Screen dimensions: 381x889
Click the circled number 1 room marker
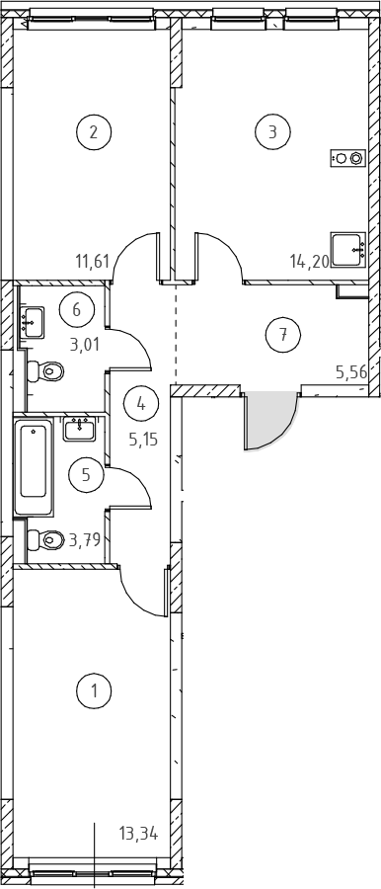[x=94, y=691]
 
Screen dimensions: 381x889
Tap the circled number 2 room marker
[x=94, y=132]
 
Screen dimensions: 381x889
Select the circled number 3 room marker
[x=272, y=132]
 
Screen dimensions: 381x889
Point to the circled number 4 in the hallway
[x=141, y=404]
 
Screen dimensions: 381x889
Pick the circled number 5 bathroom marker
[x=86, y=474]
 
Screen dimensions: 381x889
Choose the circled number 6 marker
[x=77, y=309]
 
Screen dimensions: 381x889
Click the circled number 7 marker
[x=283, y=335]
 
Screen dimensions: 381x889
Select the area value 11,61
[x=93, y=262]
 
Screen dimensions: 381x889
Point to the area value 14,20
[x=309, y=262]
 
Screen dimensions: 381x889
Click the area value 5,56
[x=351, y=372]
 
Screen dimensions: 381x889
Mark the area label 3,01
[x=85, y=344]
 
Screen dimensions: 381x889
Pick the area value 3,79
[x=85, y=539]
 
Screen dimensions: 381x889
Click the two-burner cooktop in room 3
[x=347, y=158]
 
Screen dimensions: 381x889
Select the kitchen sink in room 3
[x=348, y=249]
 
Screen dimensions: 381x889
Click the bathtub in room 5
[x=34, y=466]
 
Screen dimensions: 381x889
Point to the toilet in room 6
[x=45, y=372]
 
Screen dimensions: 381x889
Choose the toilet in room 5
[x=45, y=539]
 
